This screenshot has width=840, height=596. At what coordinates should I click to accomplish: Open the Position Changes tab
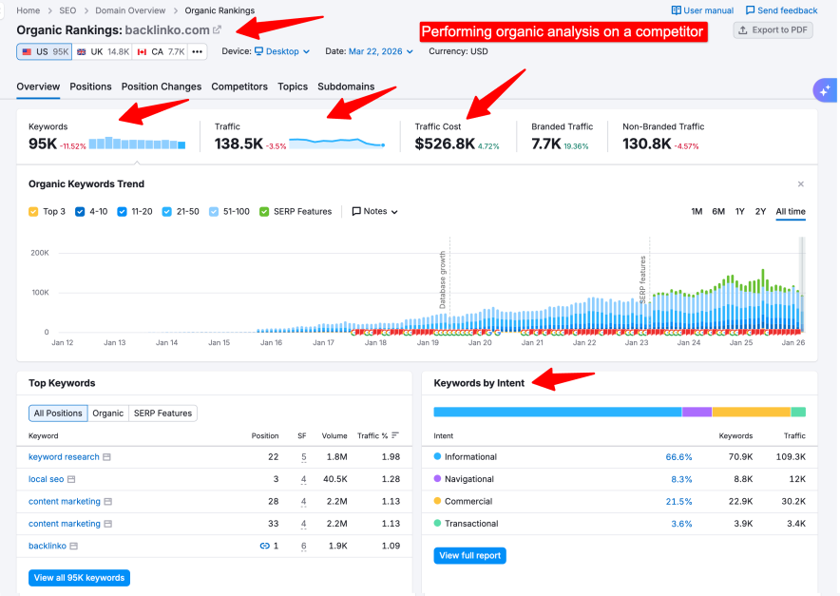click(x=162, y=87)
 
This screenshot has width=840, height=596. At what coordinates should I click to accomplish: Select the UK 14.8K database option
click(x=104, y=51)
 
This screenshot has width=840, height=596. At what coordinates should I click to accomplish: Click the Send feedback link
click(x=782, y=10)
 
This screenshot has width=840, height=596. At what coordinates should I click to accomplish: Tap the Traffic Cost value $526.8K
click(x=445, y=144)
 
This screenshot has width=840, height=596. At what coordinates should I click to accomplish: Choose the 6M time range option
click(x=718, y=211)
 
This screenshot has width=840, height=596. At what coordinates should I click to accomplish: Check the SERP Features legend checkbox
click(x=264, y=211)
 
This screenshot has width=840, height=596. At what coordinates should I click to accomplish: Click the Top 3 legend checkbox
click(x=34, y=211)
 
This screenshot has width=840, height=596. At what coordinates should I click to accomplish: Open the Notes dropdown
click(x=374, y=211)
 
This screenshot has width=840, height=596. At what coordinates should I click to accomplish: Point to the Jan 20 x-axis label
click(x=480, y=342)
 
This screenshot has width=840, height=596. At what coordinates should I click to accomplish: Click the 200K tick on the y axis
click(x=40, y=253)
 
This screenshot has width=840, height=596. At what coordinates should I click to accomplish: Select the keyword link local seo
click(x=47, y=479)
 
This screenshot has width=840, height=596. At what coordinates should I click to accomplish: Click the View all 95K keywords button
click(x=79, y=578)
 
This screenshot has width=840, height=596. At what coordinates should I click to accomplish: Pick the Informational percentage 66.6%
click(x=678, y=457)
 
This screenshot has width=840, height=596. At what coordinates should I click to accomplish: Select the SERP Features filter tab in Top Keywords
click(x=162, y=413)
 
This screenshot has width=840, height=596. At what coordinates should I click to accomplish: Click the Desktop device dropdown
click(x=282, y=51)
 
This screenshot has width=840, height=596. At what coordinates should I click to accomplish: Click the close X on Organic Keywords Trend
click(x=800, y=184)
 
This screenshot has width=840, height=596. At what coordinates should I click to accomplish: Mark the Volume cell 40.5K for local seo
click(x=334, y=479)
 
